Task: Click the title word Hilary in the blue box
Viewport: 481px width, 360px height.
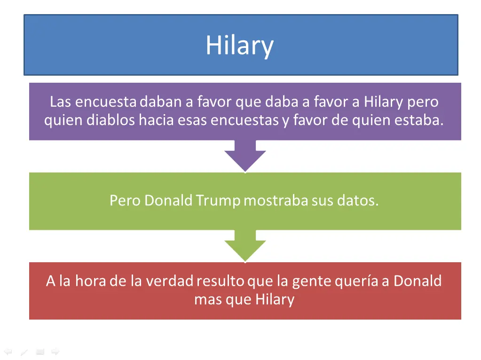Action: click(x=239, y=46)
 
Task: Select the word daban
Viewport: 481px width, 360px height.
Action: click(x=161, y=102)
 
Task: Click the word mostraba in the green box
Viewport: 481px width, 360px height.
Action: click(x=276, y=201)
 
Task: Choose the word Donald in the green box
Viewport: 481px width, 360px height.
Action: click(x=168, y=201)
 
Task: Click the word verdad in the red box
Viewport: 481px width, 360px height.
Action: click(x=169, y=281)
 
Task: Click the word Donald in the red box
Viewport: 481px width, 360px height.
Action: click(x=418, y=281)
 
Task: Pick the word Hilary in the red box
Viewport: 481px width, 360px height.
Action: click(x=275, y=299)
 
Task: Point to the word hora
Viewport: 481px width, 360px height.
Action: click(x=91, y=281)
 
